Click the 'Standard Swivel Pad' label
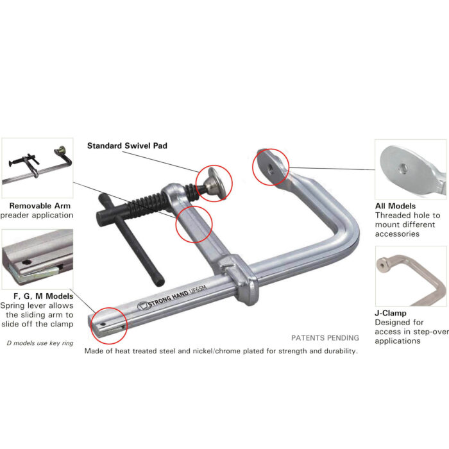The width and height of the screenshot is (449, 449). click(x=127, y=146)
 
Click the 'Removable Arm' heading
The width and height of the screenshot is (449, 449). click(x=40, y=206)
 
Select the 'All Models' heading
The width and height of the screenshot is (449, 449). click(x=395, y=206)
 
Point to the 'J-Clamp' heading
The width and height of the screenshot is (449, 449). click(x=391, y=313)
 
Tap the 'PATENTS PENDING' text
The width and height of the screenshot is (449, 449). click(x=325, y=337)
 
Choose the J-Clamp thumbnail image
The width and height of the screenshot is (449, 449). click(x=410, y=276)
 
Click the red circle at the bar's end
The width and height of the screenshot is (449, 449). click(x=109, y=325)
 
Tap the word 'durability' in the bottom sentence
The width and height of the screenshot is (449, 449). click(x=336, y=351)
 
